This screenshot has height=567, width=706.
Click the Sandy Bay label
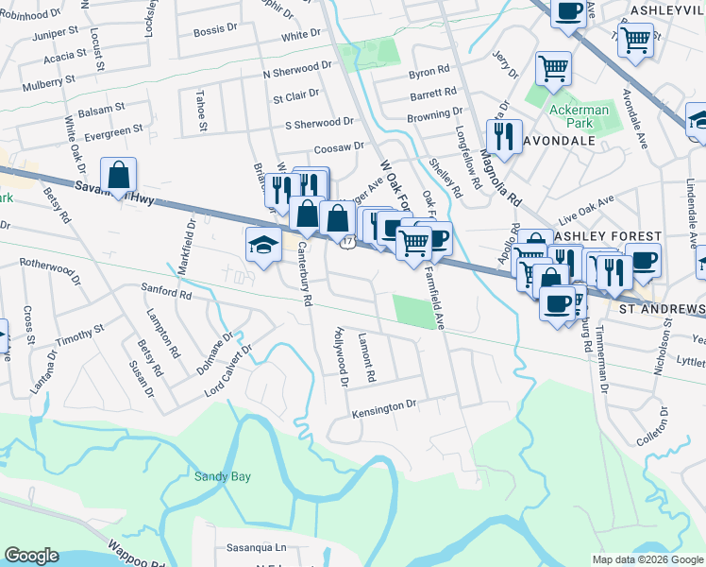[223, 477]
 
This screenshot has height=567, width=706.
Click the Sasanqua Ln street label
[255, 547]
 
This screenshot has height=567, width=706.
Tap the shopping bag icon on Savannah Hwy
[118, 174]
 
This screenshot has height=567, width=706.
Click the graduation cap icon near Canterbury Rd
[263, 245]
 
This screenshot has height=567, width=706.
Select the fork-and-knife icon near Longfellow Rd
[504, 136]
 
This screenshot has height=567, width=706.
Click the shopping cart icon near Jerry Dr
[553, 67]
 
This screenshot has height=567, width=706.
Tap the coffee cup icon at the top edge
[567, 11]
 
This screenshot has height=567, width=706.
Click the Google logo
[32, 556]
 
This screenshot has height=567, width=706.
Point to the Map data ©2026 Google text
[647, 559]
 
